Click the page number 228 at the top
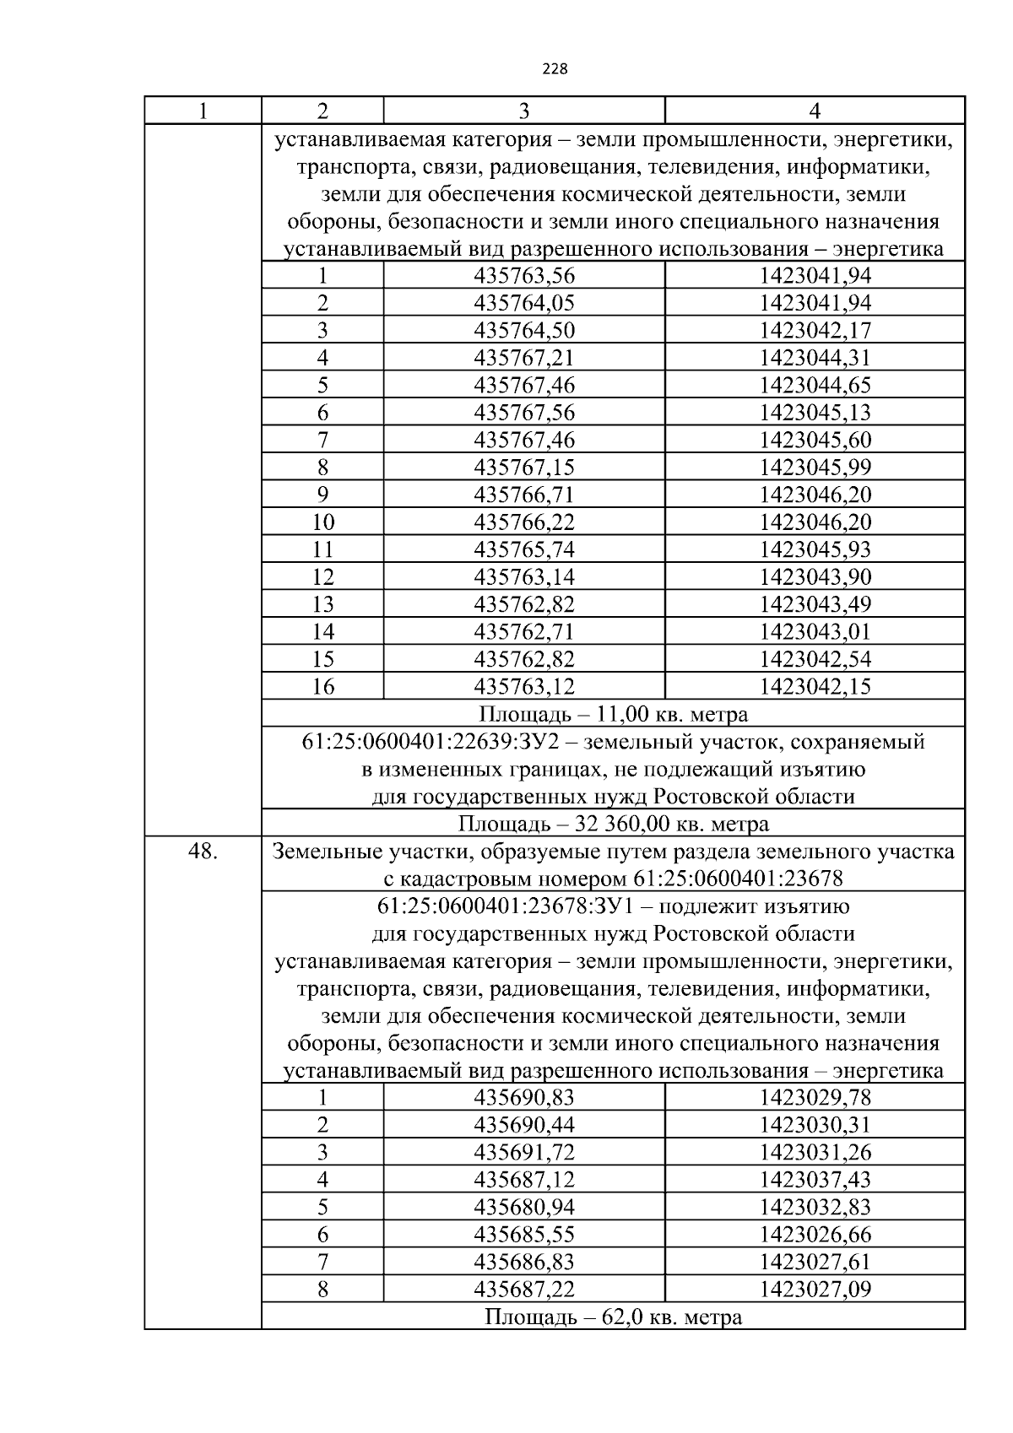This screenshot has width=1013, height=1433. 555,69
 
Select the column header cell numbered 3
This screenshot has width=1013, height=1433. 524,111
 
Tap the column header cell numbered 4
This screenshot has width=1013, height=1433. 815,111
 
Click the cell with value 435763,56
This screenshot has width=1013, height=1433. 524,276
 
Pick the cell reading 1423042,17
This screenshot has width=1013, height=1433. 815,331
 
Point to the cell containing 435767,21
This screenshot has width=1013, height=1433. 524,358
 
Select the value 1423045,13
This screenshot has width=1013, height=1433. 815,413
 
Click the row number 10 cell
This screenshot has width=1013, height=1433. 322,522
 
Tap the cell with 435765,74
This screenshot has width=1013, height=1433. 524,549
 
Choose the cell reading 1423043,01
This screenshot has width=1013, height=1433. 815,631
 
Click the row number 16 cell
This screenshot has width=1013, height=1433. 322,686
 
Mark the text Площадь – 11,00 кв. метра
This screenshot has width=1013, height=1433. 613,714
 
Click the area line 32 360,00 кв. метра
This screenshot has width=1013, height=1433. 613,824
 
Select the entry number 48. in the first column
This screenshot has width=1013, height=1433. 203,852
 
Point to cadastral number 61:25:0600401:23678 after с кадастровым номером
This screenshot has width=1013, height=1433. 737,879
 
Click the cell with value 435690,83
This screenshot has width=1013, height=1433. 524,1097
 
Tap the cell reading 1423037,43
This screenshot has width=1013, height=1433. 815,1180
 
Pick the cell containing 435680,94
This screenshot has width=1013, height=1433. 524,1207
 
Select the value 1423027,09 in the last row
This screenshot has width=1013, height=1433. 815,1289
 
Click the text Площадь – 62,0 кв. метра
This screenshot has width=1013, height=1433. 613,1317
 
